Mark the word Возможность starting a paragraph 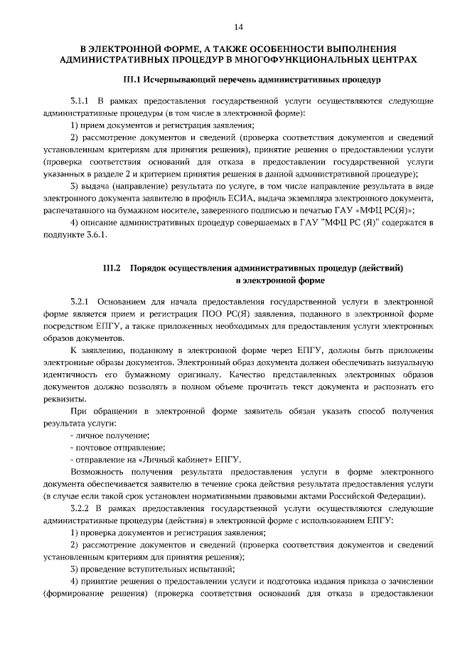99,471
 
